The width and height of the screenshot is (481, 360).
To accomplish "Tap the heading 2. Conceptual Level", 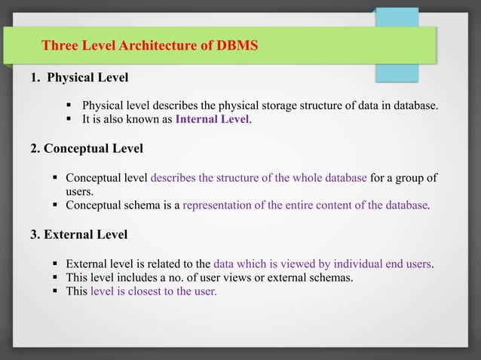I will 86,148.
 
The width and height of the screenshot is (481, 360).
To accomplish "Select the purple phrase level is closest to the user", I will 153,291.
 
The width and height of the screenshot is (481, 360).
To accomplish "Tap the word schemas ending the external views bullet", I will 332,278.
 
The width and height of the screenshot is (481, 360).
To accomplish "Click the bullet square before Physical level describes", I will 70,105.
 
